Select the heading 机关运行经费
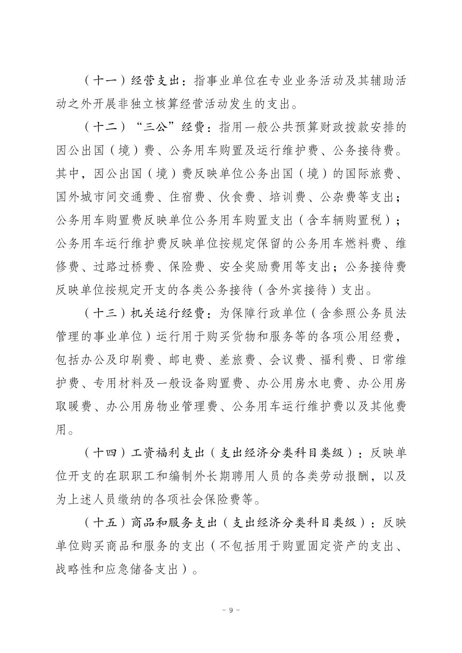[x=167, y=313]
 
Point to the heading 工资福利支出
[x=167, y=452]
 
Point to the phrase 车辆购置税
[x=348, y=220]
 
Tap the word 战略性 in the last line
[x=74, y=570]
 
